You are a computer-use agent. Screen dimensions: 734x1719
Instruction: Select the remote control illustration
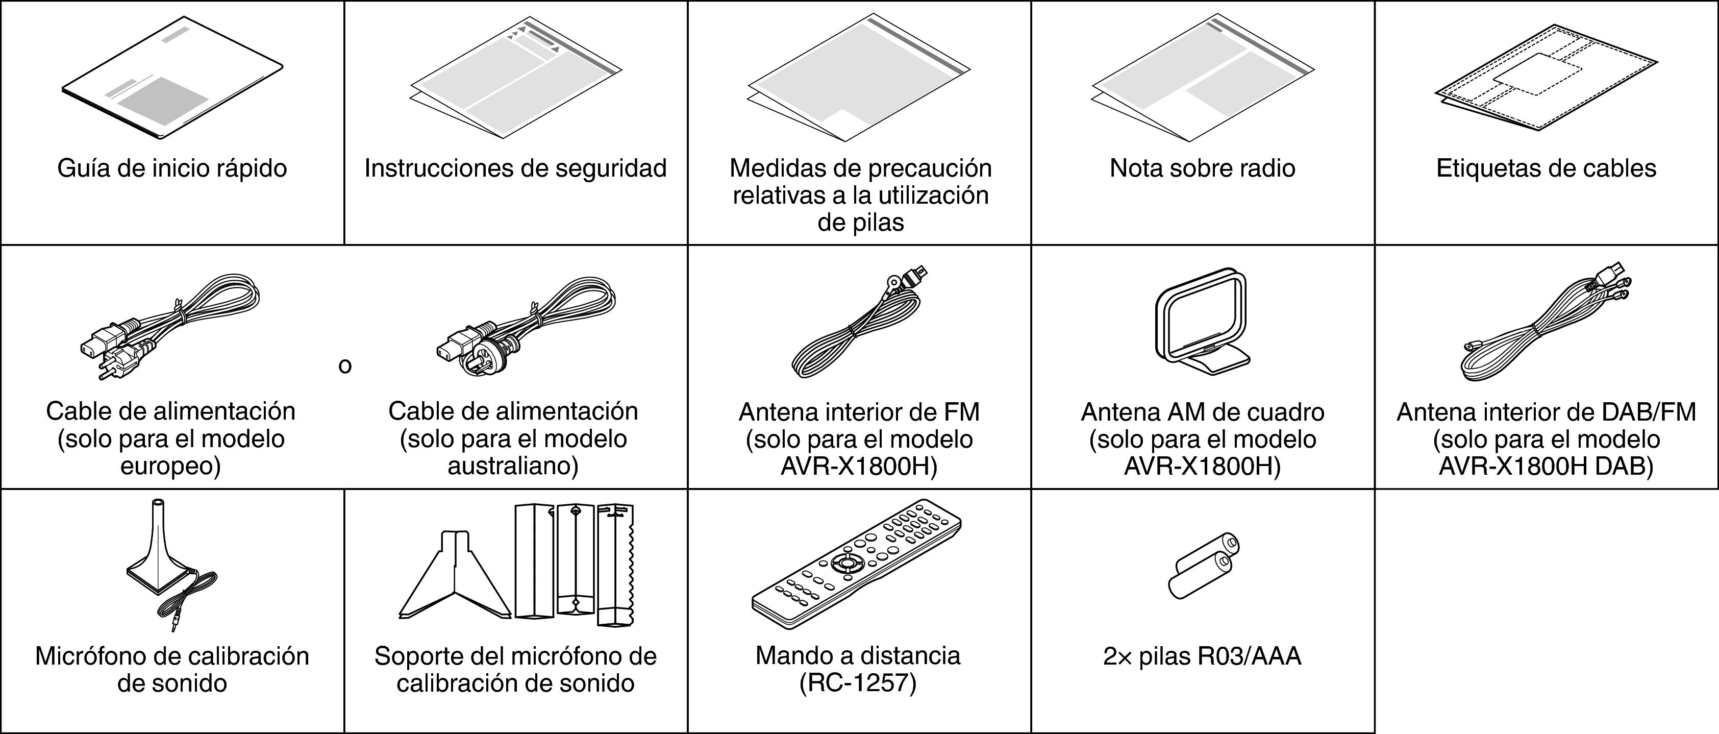(856, 564)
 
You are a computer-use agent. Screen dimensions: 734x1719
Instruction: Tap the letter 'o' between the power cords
(344, 365)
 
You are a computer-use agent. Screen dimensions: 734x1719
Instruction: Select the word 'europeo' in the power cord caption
(170, 466)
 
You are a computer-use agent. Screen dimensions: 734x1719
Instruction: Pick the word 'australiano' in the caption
(512, 466)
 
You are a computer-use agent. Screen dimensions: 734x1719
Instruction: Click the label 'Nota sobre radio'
(1202, 168)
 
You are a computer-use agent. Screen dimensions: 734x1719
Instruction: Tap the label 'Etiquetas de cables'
(1546, 168)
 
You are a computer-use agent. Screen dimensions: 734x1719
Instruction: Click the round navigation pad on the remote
(846, 563)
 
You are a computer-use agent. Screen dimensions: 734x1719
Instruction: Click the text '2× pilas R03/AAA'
(1202, 656)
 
